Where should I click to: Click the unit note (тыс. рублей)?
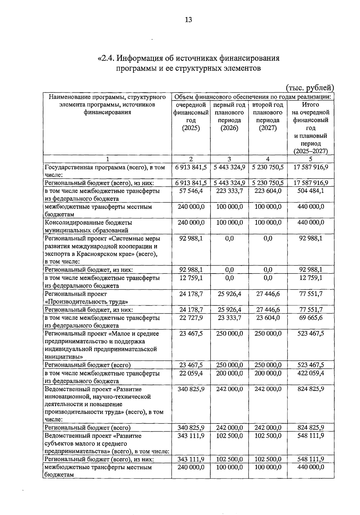coord(310,88)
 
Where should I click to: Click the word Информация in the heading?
coord(142,58)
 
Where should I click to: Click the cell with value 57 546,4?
coord(191,191)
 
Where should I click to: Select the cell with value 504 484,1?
coord(310,191)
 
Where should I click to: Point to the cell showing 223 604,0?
coord(268,191)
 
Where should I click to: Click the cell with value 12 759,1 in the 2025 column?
coord(191,278)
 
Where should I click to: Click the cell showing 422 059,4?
coord(310,373)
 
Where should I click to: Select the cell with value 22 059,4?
coord(191,373)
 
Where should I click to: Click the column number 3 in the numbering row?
coord(229,159)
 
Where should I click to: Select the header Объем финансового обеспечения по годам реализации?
coord(253,97)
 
